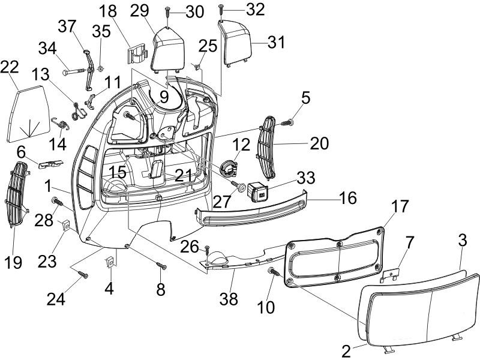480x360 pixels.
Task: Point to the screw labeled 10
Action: [275, 272]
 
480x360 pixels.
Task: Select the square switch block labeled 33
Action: [259, 191]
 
